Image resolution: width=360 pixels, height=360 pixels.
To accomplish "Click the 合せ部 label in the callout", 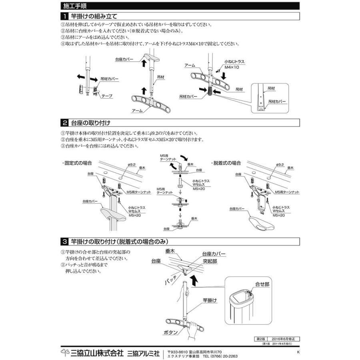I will click(x=262, y=284).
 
